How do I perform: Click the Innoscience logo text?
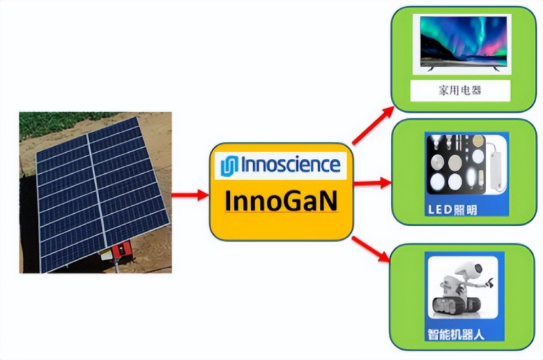point(291,164)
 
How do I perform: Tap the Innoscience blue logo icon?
point(229,166)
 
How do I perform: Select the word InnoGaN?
point(281,200)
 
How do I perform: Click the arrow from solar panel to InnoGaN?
point(190,195)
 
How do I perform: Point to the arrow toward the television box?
point(373,125)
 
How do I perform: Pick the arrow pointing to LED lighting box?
point(372,183)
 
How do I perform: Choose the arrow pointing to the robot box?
point(371,249)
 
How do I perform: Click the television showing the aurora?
point(464,43)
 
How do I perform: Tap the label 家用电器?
point(460,90)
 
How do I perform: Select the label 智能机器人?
point(455,334)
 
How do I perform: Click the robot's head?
point(472,268)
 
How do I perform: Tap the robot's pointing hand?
point(489,283)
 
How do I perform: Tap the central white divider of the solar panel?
point(96,194)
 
